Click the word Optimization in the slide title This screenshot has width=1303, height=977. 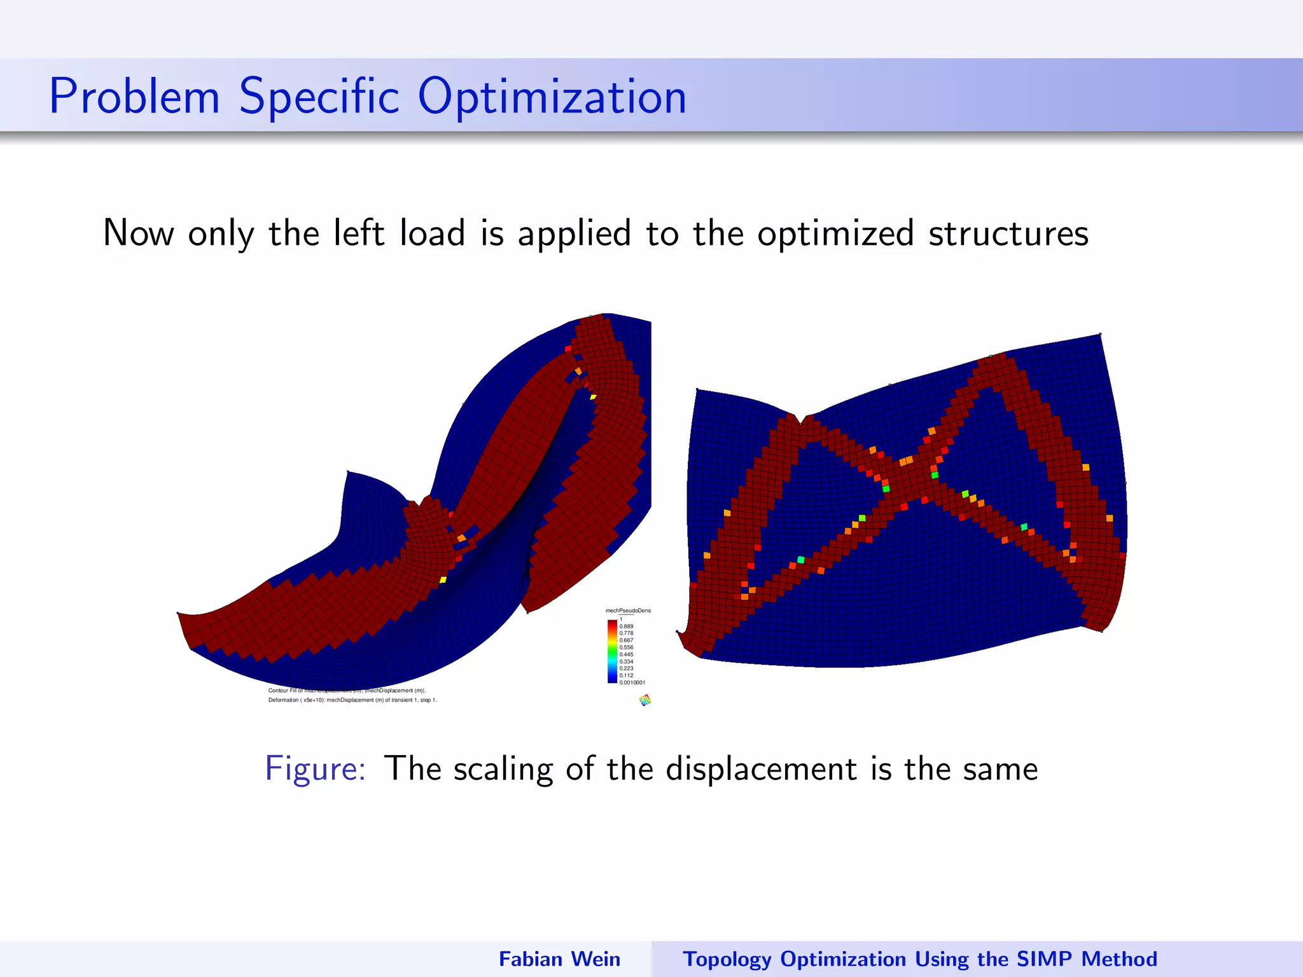point(552,97)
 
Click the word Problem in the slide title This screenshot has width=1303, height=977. point(134,97)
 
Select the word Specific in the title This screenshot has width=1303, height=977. point(319,97)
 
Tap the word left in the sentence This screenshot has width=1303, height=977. point(359,233)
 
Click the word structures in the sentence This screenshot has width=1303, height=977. point(1008,234)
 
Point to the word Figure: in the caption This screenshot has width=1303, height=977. point(315,768)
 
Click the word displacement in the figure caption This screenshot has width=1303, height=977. point(762,768)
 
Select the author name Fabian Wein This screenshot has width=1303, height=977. point(559,959)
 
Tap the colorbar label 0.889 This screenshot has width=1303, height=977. point(626,627)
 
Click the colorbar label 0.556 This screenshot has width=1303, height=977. point(626,648)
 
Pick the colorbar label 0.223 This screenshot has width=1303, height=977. point(626,669)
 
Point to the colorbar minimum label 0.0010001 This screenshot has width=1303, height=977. point(632,683)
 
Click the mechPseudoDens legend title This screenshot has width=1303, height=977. point(628,611)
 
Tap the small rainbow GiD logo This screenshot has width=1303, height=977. point(645,700)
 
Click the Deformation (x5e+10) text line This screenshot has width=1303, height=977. point(352,700)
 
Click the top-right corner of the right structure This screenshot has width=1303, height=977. point(1100,335)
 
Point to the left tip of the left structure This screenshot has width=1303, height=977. point(179,614)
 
